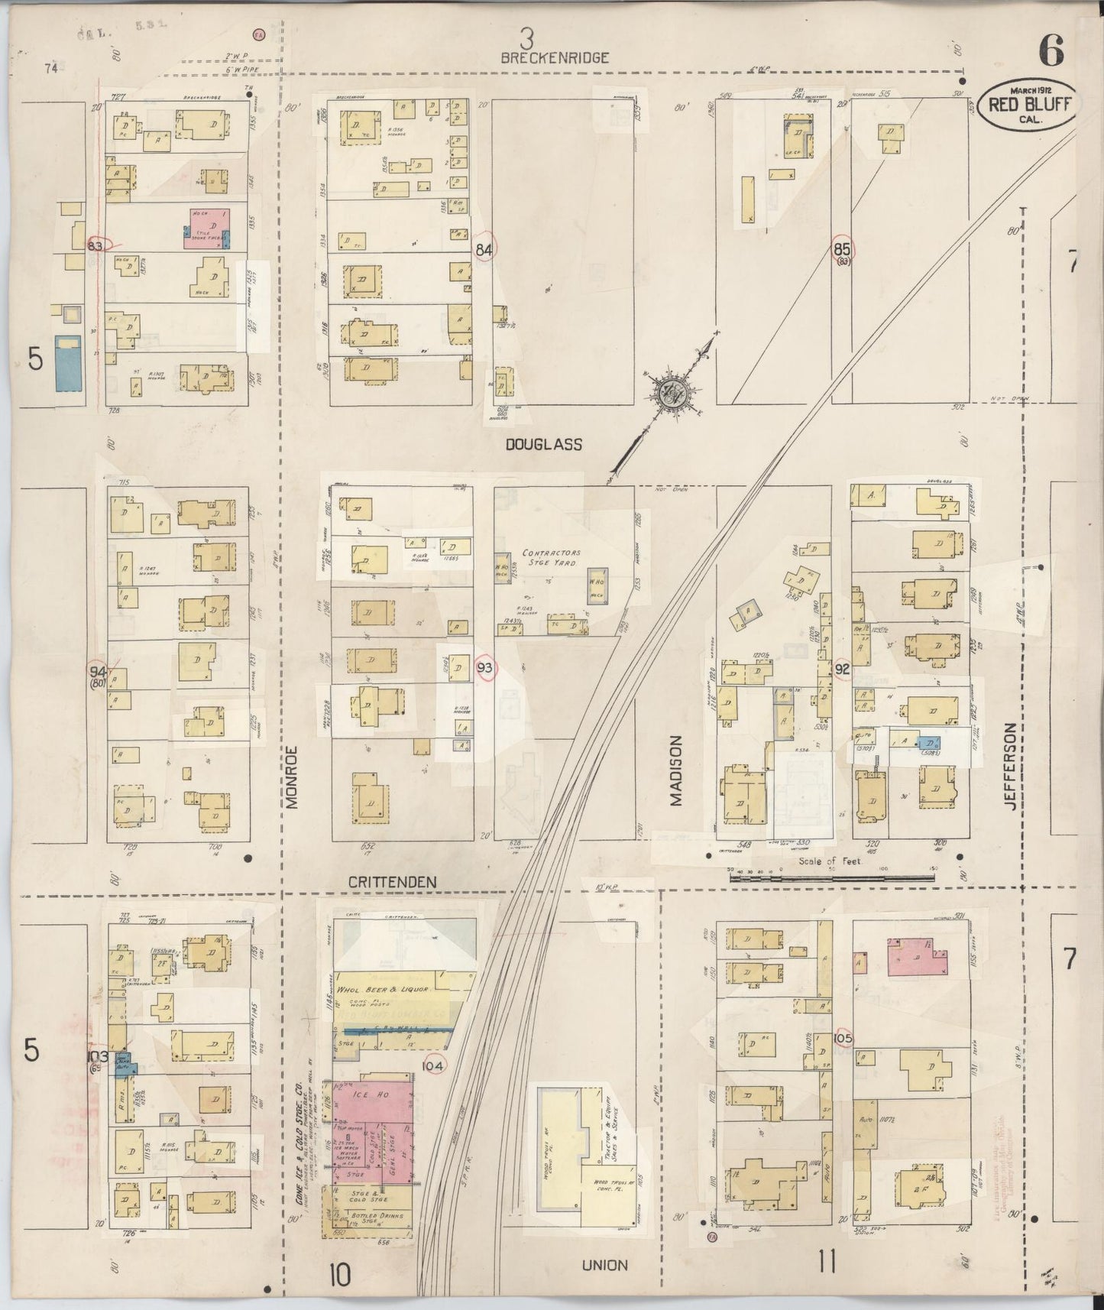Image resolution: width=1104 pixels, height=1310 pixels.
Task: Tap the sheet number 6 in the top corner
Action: [1051, 51]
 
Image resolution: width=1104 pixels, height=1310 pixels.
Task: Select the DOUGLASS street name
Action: [544, 444]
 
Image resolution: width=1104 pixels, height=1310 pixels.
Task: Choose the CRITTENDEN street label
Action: [393, 881]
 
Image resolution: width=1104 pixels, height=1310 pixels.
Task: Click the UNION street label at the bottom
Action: [604, 1264]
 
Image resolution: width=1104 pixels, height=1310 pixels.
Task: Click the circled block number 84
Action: [484, 248]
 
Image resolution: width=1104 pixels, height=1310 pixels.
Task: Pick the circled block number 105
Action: [843, 1039]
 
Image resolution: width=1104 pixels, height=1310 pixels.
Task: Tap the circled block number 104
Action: [432, 1063]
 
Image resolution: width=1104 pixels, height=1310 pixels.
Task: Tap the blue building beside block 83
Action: [68, 361]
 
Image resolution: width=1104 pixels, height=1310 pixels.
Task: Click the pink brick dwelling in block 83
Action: [206, 227]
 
